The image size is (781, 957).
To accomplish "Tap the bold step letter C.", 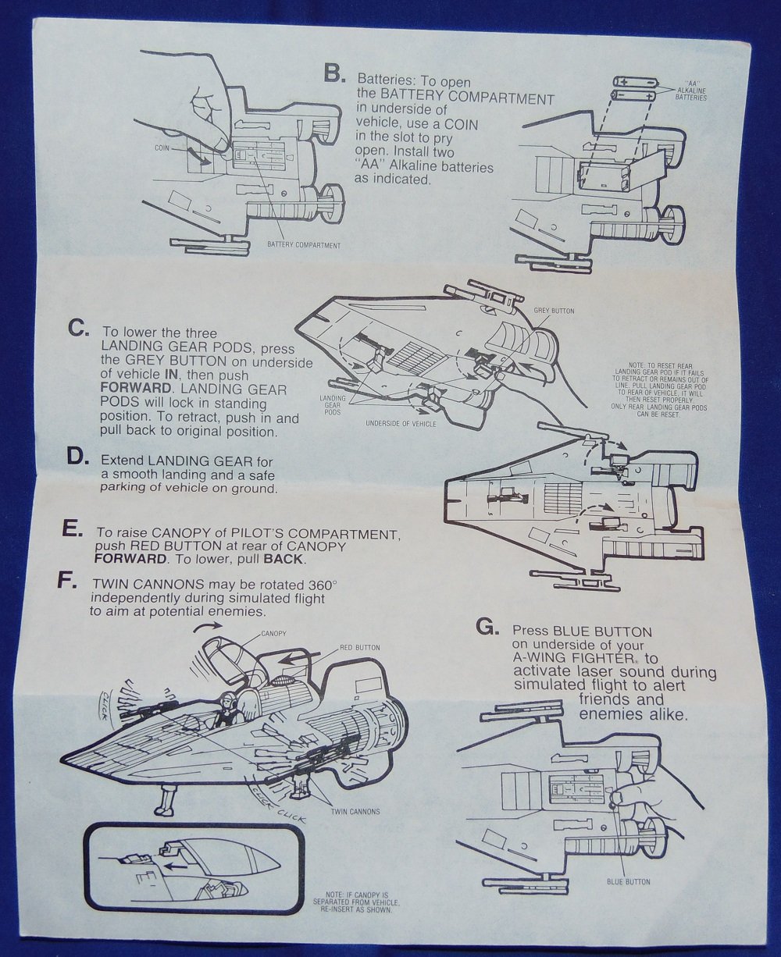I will [78, 329].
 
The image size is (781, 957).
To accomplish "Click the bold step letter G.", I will [486, 627].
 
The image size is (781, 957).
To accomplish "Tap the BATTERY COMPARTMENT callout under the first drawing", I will [304, 244].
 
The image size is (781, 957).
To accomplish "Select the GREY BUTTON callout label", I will [554, 311].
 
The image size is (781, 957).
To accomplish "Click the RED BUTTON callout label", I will [360, 648].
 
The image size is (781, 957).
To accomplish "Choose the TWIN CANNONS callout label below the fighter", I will [356, 811].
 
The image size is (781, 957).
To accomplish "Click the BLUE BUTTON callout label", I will [628, 881].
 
